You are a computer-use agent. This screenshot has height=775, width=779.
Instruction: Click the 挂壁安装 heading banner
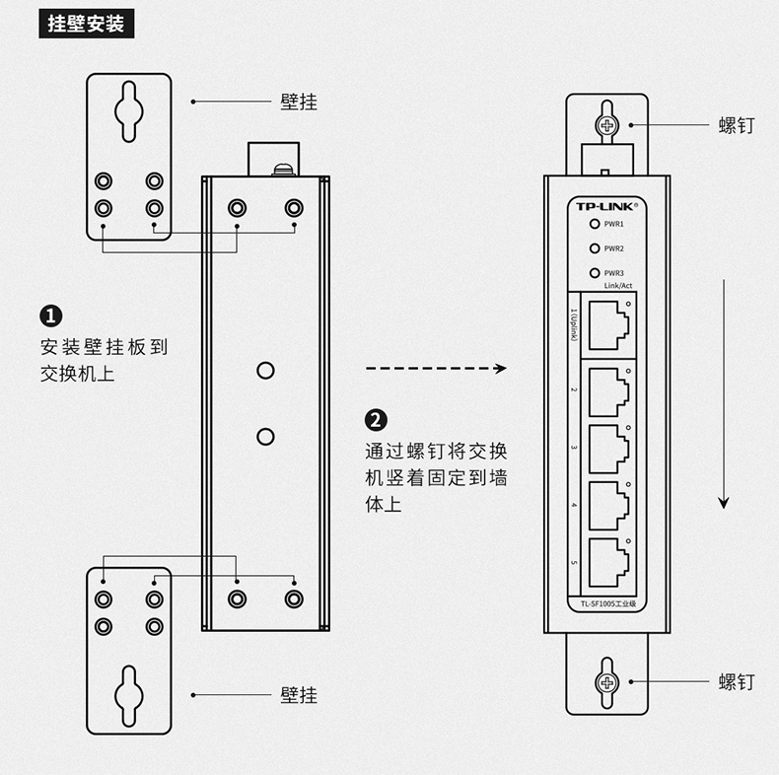pos(87,25)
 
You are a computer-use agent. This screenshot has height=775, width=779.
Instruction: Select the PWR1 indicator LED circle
pos(595,225)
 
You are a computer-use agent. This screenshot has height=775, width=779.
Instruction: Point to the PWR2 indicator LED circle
pos(595,248)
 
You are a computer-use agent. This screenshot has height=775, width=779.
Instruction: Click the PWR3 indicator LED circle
pos(595,273)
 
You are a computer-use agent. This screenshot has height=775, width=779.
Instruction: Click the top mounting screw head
pos(606,125)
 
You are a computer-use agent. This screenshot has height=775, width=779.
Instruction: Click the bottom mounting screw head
pos(606,681)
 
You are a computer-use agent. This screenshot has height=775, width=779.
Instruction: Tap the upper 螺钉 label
pos(737,125)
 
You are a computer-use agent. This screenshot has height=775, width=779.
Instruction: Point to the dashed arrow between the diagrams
pos(435,369)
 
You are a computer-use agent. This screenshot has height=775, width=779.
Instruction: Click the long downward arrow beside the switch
pos(724,394)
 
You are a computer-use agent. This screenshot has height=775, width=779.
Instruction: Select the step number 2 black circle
pos(377,420)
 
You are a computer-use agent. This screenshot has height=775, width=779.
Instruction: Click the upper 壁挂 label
pos(299,102)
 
